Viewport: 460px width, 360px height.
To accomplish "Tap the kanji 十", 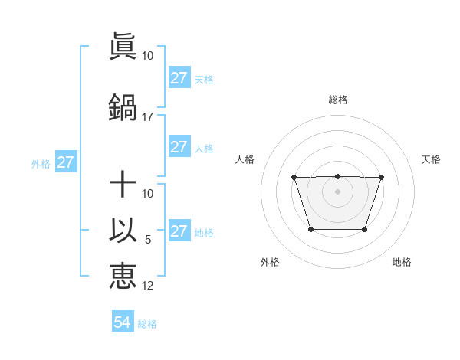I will pos(123,184).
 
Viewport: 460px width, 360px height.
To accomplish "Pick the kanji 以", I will pos(123,231).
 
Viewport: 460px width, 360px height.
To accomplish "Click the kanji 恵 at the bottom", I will pos(123,276).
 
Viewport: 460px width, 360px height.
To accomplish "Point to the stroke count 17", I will pos(148,117).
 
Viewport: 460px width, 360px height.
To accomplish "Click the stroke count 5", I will pos(148,240).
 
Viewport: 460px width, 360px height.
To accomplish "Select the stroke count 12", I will pos(148,286).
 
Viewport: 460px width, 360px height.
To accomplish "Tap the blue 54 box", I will pos(123,322).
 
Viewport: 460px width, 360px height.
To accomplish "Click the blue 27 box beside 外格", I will pos(65,162).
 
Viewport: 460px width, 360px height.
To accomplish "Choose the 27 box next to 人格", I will pos(179,147).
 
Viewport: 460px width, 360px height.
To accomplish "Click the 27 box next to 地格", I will pos(179,231).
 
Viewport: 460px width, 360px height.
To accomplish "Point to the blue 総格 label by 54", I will pos(147,324).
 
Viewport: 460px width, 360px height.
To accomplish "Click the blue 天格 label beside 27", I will pos(204,79).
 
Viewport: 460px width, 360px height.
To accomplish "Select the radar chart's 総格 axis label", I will pos(337,100).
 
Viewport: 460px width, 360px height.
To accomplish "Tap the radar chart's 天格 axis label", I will pos(431,159).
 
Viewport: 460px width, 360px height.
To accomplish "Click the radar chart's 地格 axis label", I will pos(402,262).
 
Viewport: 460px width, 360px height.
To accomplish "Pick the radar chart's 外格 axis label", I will pos(270,262).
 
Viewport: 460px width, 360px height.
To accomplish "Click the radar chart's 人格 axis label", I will pos(245,159).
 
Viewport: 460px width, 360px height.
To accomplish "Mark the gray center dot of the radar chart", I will pos(337,191).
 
